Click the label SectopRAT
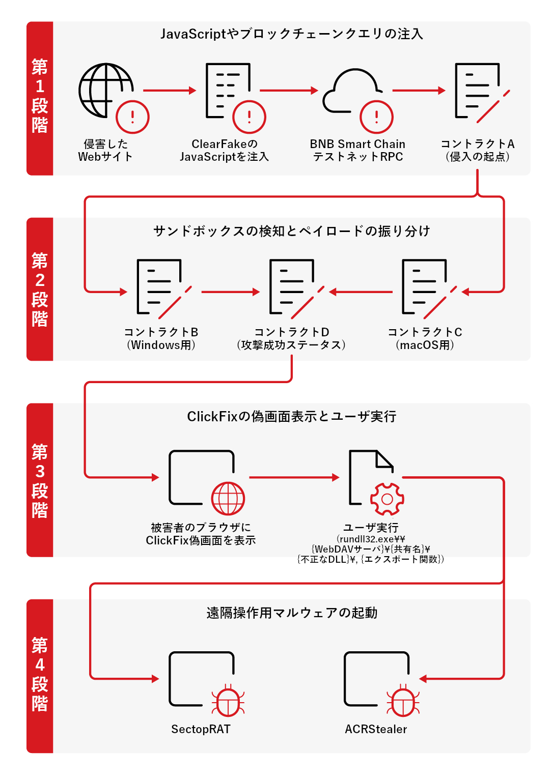click(201, 729)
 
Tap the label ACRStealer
click(376, 729)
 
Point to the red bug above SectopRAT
click(228, 701)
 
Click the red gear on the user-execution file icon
click(387, 499)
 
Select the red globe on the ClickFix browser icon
click(228, 498)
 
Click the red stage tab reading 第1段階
click(40, 98)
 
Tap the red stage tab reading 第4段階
click(40, 676)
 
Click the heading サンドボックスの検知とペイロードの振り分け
click(292, 231)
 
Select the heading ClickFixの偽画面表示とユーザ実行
click(292, 416)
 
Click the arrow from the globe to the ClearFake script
click(170, 91)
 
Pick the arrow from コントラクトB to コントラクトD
click(231, 292)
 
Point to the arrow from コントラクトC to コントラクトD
click(361, 292)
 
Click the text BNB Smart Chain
click(357, 144)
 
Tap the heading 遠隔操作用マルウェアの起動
click(292, 613)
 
